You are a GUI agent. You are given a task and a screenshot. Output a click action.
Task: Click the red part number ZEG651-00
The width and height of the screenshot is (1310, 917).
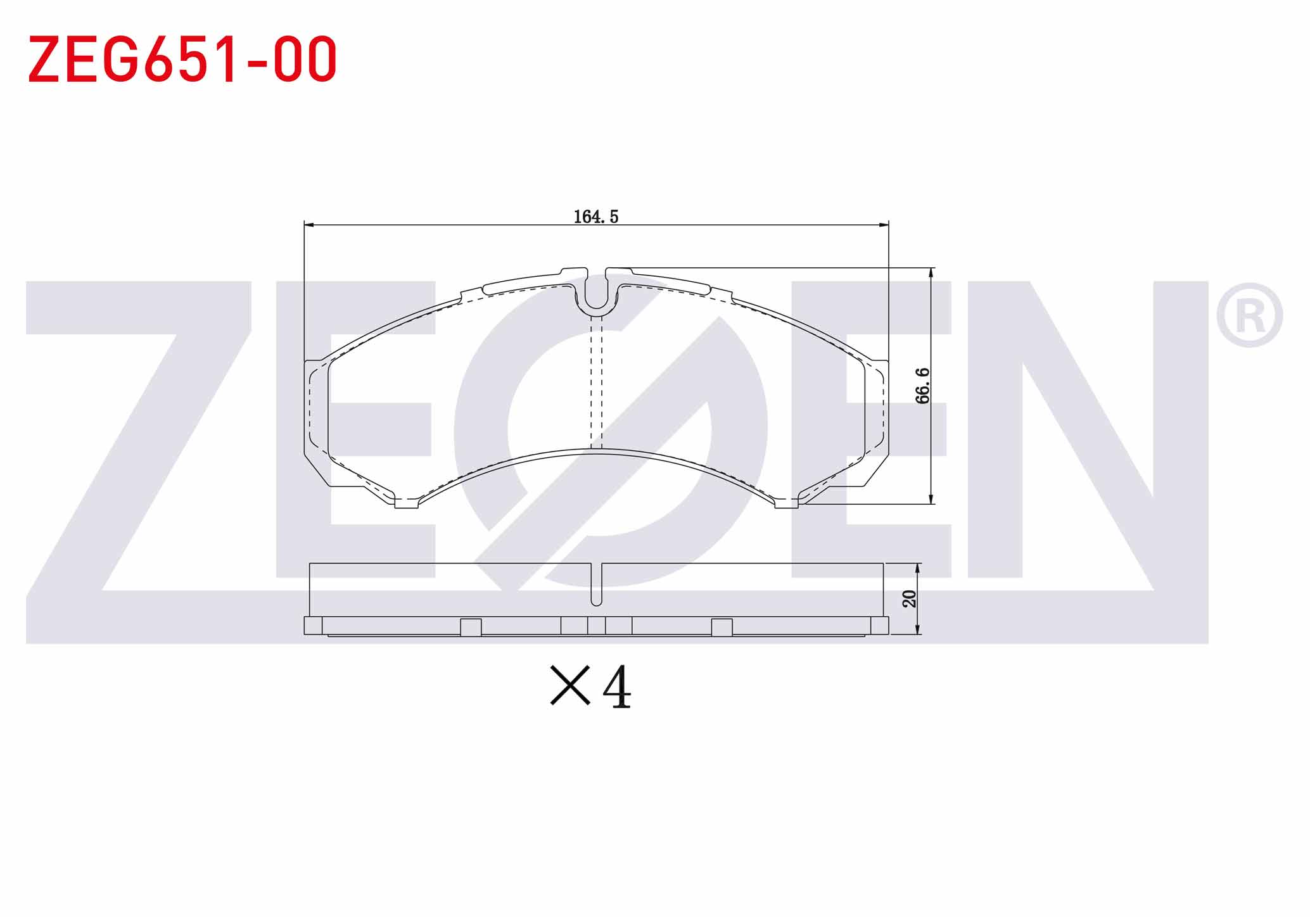(182, 59)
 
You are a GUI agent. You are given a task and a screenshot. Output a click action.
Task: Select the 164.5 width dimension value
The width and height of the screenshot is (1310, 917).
(595, 217)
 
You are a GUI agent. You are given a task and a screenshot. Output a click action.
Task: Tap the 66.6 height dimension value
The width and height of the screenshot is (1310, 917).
(923, 386)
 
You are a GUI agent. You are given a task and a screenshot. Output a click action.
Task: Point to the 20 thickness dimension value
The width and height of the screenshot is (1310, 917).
(910, 598)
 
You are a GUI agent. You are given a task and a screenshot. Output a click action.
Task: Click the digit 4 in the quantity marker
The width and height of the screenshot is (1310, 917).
(616, 686)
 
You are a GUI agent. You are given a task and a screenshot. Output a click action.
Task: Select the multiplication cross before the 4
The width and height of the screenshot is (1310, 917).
(570, 685)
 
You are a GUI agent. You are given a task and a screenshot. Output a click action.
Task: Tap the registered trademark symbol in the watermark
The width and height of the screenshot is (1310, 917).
(1249, 315)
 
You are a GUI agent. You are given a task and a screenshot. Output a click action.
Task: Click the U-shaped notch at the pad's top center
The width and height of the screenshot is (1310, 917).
(595, 294)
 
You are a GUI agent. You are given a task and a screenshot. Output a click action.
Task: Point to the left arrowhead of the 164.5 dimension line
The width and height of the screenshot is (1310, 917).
(309, 224)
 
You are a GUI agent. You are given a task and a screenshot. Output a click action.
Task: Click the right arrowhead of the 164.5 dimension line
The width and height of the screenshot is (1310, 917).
(884, 224)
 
